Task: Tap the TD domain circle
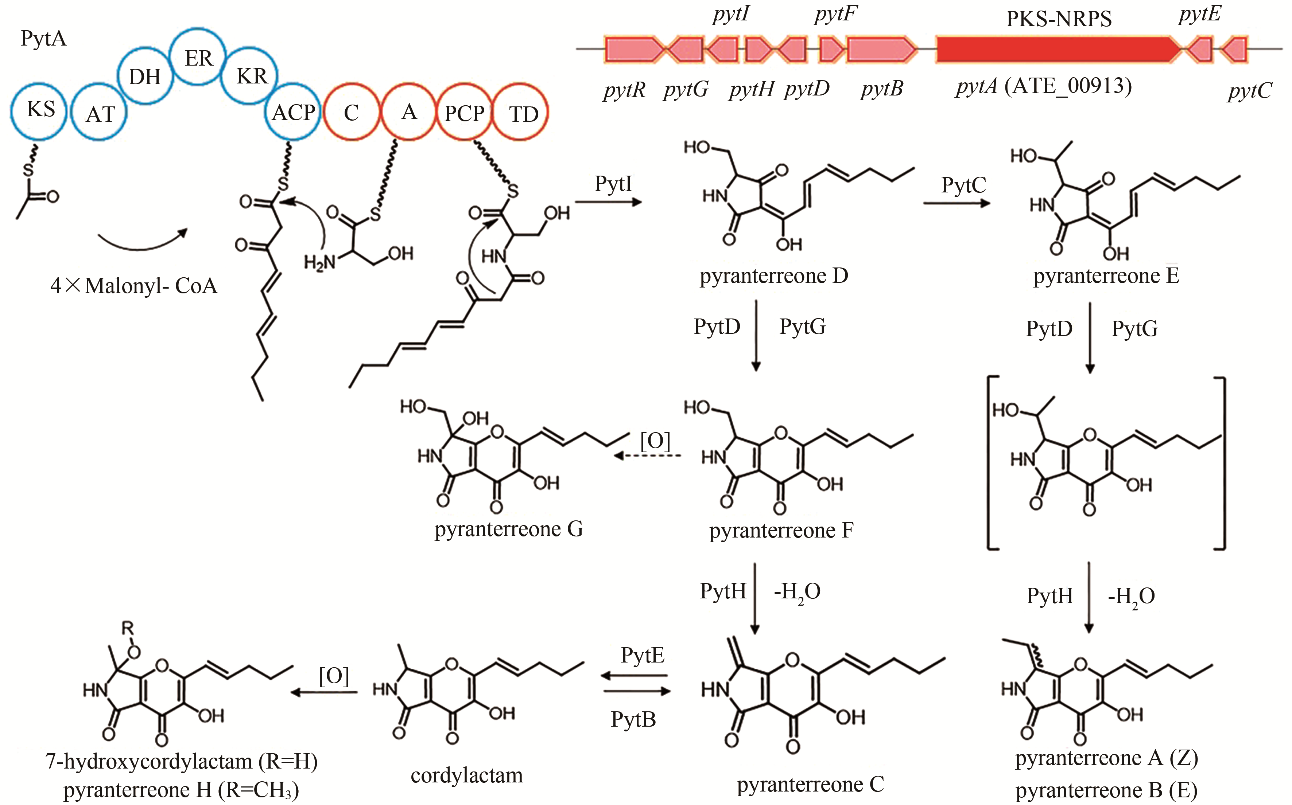coord(520,113)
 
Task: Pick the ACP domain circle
coord(292,112)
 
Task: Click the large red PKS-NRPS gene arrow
coord(1058,50)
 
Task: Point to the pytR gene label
coord(624,90)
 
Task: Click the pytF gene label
coord(835,14)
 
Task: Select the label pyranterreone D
coord(773,276)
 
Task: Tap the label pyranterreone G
coord(508,529)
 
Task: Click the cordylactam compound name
coord(467,775)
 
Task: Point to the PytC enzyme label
coord(963,185)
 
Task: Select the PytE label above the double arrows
coord(642,655)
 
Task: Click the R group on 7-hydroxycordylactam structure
coord(128,628)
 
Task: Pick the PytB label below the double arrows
coord(633,719)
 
